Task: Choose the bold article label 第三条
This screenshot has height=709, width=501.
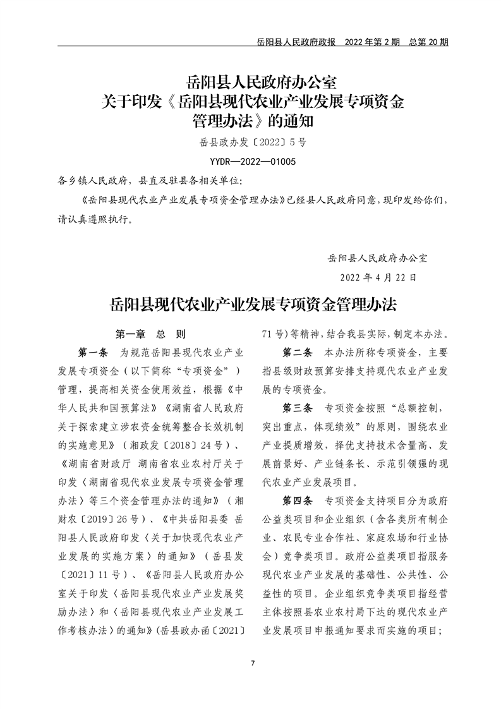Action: (299, 404)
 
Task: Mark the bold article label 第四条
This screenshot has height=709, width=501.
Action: (299, 501)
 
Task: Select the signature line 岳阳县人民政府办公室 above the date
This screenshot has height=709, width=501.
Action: (378, 258)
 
